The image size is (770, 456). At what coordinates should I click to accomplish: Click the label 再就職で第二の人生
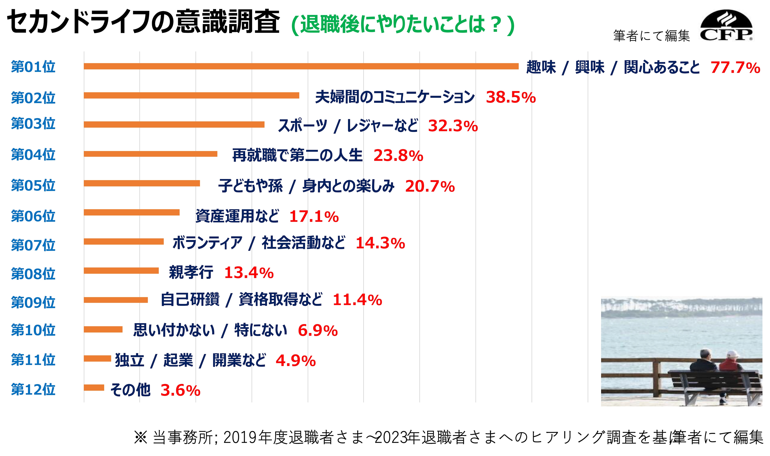(x=297, y=155)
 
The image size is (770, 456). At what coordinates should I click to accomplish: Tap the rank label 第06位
(x=33, y=216)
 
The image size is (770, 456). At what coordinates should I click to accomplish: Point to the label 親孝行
(x=191, y=272)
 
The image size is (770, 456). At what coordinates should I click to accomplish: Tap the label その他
(x=130, y=390)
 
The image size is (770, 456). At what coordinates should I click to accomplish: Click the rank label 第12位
(x=33, y=389)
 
